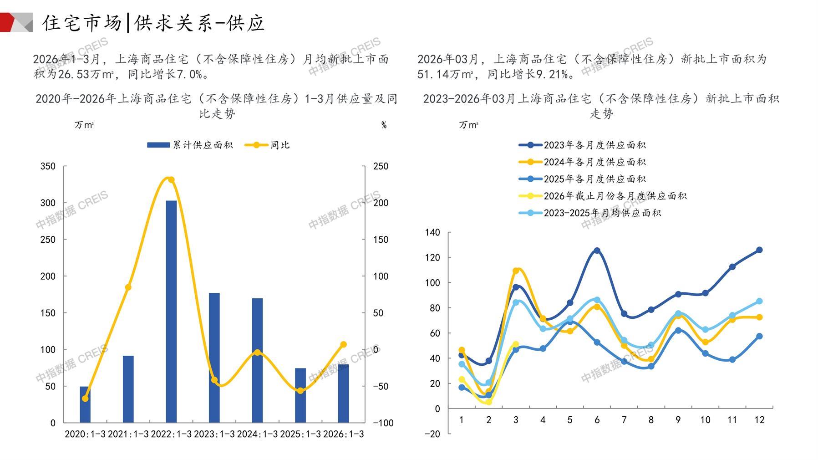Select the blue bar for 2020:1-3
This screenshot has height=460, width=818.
pos(85,404)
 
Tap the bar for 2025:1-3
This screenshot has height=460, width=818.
pos(300,395)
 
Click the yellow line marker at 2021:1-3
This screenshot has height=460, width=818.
pos(128,287)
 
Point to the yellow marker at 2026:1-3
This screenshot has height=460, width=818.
pos(343,345)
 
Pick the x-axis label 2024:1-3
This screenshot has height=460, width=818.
pos(257,434)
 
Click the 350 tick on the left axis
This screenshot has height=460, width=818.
pos(48,166)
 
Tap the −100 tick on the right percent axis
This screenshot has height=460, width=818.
pos(383,423)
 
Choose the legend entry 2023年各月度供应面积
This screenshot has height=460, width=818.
pos(594,145)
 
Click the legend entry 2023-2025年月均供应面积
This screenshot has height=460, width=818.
pos(602,213)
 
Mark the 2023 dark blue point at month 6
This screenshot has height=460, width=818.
pos(597,250)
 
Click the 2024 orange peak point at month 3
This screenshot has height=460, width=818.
pos(516,271)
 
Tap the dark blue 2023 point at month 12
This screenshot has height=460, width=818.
pos(759,250)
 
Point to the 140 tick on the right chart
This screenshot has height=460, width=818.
pos(432,233)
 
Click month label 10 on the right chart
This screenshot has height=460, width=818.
pos(705,420)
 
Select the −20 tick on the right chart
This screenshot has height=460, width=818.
pos(432,434)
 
